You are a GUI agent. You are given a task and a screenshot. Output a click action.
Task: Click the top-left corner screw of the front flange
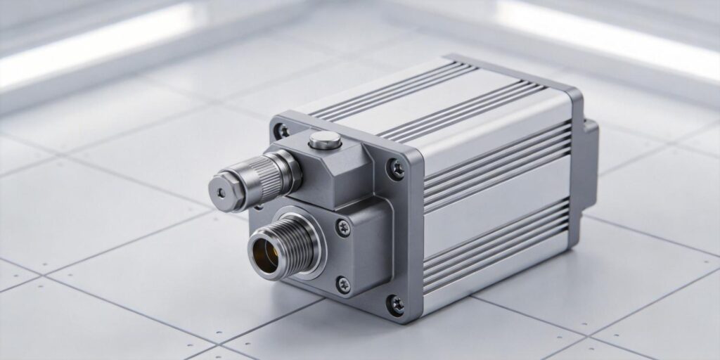coord(284,131)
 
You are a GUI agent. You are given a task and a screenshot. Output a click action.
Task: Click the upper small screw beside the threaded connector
coord(342,226)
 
